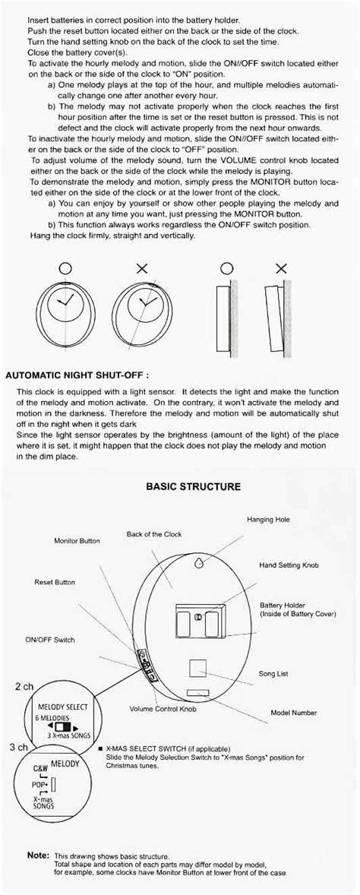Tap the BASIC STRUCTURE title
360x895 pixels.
coord(194,486)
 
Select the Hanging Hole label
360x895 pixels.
coord(268,520)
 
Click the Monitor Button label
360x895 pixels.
coord(77,541)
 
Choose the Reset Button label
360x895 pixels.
coord(55,582)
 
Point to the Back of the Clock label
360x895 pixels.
coord(154,534)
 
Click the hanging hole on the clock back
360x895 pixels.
coord(199,564)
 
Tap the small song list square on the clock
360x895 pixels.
coord(197,668)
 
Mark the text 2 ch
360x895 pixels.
coord(24,686)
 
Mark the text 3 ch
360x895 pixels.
coord(19,747)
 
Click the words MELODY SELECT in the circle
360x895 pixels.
coord(52,707)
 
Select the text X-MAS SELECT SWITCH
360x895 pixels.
coord(149,748)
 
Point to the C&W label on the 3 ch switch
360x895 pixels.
coord(21,769)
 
